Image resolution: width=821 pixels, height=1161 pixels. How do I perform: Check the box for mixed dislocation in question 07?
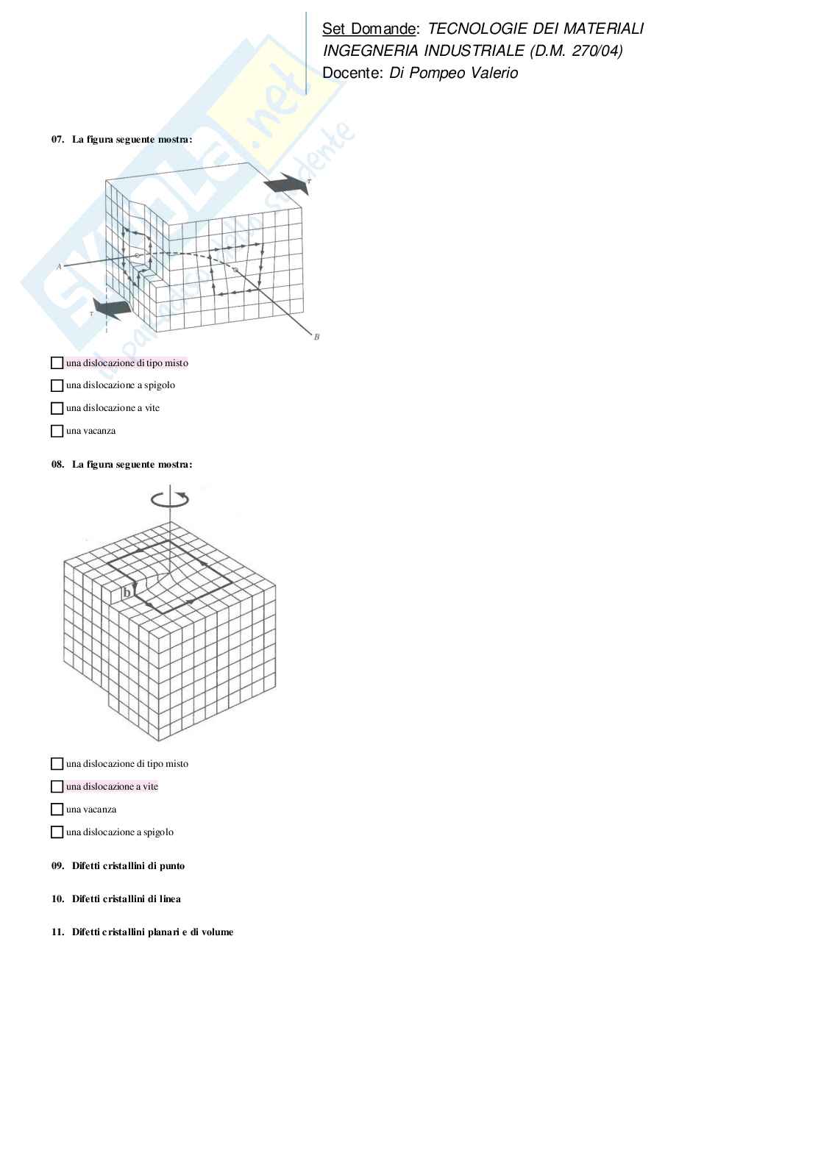coord(57,362)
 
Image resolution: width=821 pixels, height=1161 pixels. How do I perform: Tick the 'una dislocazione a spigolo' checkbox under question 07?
coord(57,385)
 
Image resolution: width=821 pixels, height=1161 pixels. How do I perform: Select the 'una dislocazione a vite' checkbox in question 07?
coord(57,408)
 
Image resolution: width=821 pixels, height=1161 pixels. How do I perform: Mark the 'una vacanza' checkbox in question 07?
coord(57,431)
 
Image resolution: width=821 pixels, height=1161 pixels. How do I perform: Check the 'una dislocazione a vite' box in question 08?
coord(57,787)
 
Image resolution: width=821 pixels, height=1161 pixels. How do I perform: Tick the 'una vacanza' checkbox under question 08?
coord(57,810)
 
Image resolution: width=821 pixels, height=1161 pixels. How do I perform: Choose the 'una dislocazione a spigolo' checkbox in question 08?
coord(57,832)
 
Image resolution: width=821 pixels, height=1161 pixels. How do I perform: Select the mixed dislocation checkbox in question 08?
coord(57,764)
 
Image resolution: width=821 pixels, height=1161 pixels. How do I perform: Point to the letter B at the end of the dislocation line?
coord(316,337)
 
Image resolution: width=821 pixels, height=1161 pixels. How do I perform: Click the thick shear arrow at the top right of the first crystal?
coord(286,183)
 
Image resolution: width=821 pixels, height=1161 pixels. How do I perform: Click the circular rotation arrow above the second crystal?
coord(170,499)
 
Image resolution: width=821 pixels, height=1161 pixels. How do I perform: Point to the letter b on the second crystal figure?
coord(127,593)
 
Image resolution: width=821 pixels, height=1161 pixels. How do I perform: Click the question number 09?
coord(57,865)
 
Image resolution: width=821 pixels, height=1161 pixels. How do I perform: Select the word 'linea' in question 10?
coord(168,899)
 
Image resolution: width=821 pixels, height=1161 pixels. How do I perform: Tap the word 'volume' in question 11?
coord(218,932)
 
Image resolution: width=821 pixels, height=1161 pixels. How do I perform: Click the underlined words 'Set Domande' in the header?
coord(369,29)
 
